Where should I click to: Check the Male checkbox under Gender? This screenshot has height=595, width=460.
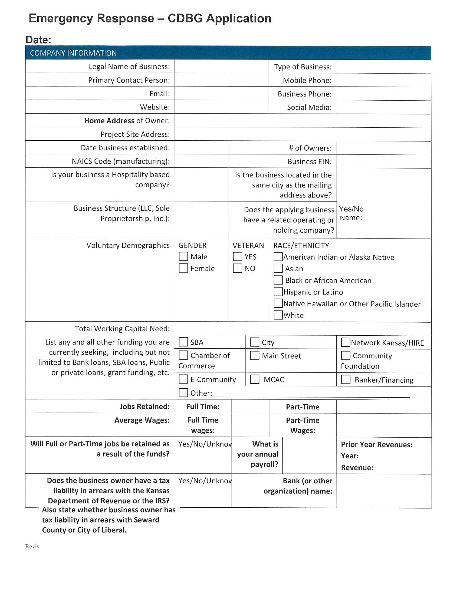183,256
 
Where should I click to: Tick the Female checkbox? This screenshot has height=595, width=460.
183,268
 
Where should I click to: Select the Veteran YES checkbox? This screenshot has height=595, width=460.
237,256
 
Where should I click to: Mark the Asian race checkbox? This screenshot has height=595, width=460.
278,268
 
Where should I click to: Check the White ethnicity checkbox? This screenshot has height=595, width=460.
278,315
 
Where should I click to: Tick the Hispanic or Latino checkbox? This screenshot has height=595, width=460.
278,292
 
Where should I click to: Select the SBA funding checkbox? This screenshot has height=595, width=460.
183,342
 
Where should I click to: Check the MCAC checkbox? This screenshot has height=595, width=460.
255,379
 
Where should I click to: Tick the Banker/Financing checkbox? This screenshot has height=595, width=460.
346,379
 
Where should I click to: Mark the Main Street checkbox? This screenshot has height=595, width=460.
255,356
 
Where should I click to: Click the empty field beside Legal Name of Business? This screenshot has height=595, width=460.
221,67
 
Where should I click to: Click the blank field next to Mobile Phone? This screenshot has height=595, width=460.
383,80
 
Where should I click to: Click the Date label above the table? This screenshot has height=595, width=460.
38,40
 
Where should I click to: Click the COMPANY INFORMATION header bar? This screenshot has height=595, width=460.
228,53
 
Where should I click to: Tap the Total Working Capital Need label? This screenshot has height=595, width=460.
122,329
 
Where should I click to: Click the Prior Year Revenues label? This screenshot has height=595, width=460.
377,445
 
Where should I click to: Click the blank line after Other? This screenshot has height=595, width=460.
311,394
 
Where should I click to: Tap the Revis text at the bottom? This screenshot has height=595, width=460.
32,546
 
